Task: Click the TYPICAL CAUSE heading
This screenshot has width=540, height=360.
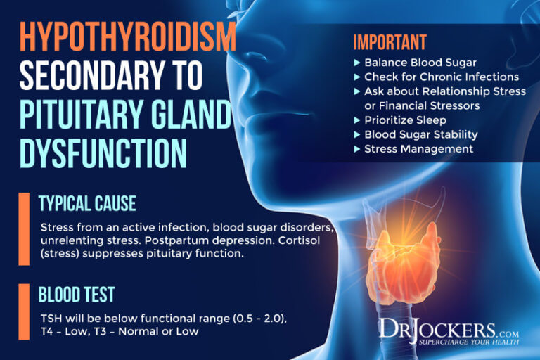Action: (x=88, y=204)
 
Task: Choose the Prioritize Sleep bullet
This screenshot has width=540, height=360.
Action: (x=405, y=120)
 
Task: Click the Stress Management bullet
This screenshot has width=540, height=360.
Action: (x=418, y=148)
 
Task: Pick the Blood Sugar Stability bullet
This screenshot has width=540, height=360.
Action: (x=420, y=134)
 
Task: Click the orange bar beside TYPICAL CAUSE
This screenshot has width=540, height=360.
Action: (x=25, y=229)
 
